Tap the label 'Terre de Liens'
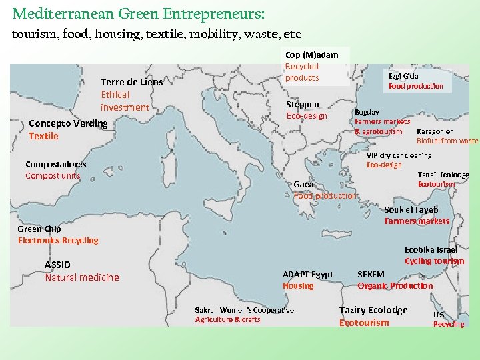131,83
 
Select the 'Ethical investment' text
125,101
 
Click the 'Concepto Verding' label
68,123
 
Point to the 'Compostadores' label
55,164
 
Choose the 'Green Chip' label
39,229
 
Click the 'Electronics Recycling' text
58,241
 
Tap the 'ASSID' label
57,265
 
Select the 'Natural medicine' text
82,277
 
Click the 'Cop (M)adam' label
311,55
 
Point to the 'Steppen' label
302,105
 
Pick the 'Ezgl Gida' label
403,76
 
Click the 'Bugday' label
367,113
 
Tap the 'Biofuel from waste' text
447,141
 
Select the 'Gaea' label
303,185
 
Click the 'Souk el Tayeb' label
411,209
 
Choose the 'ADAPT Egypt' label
307,274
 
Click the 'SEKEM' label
371,274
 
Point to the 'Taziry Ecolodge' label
373,310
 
